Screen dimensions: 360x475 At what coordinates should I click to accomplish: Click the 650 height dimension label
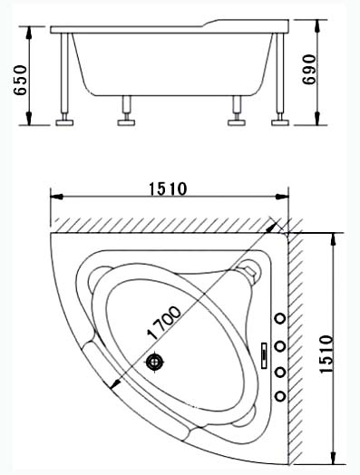pyautogui.click(x=21, y=80)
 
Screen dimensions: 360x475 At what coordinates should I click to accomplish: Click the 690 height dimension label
pyautogui.click(x=309, y=70)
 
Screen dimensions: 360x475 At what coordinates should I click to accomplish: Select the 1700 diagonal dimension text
pyautogui.click(x=163, y=323)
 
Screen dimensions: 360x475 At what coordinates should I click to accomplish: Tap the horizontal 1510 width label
pyautogui.click(x=168, y=189)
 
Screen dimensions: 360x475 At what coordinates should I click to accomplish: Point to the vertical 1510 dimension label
pyautogui.click(x=326, y=354)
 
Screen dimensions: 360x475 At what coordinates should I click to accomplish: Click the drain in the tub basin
pyautogui.click(x=154, y=362)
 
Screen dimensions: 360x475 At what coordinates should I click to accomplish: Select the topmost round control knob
pyautogui.click(x=280, y=319)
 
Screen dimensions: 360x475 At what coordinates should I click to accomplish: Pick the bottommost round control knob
pyautogui.click(x=280, y=396)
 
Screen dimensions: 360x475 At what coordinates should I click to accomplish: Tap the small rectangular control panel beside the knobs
pyautogui.click(x=264, y=355)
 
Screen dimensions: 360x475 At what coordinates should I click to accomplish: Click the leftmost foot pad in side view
pyautogui.click(x=64, y=122)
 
